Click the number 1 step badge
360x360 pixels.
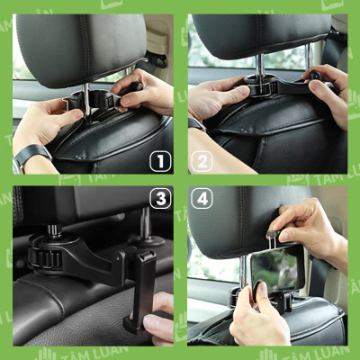click(x=159, y=162)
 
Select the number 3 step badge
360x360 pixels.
click(x=160, y=198)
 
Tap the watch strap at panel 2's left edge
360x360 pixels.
click(x=194, y=125)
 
